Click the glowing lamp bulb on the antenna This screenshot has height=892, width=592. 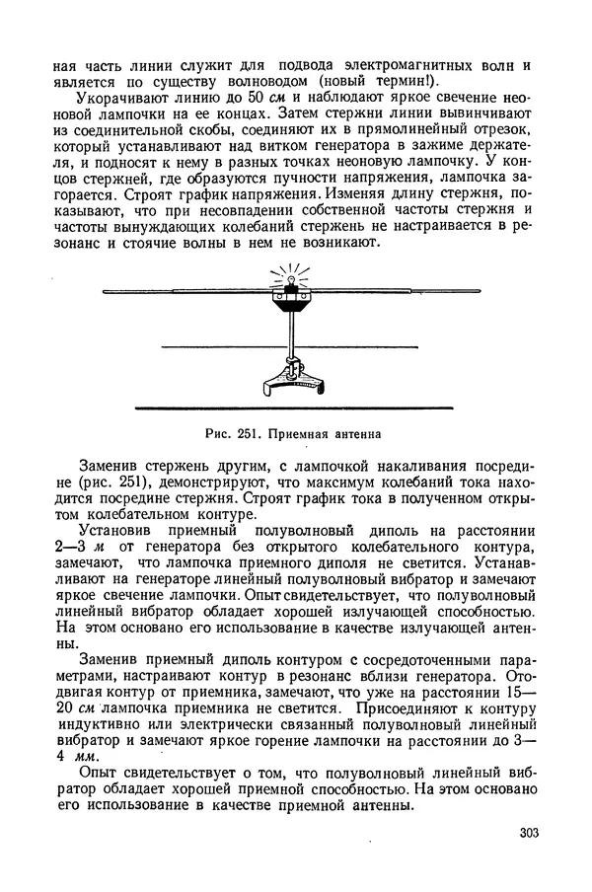[291, 283]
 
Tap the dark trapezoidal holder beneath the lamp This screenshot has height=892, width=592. [292, 306]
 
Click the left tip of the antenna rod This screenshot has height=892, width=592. [106, 291]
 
